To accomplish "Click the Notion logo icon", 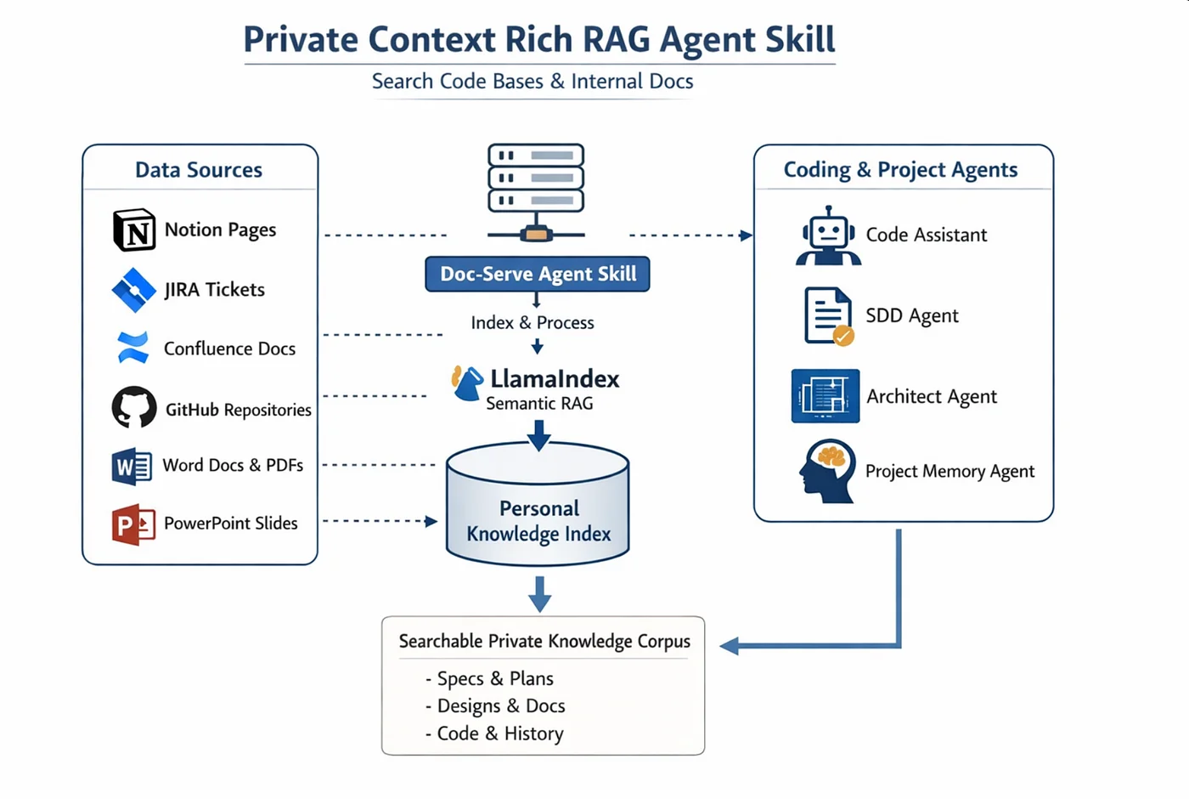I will (134, 229).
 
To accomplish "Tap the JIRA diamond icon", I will (133, 290).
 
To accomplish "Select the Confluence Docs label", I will (229, 348).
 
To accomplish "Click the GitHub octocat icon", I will (134, 408).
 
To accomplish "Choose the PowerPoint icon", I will (133, 524).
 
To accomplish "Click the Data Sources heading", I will (199, 170).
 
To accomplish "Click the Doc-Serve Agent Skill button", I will (538, 274).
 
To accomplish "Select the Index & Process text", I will (533, 323).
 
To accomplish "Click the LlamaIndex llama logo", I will (467, 383).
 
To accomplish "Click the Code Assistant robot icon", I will (828, 236).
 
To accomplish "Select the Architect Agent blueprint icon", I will (825, 396).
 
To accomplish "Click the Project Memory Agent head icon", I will (826, 470).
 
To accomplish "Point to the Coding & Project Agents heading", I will (900, 170).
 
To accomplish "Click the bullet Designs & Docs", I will (500, 706).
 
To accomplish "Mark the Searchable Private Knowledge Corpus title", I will (544, 642).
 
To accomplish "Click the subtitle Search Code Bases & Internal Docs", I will (533, 82).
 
